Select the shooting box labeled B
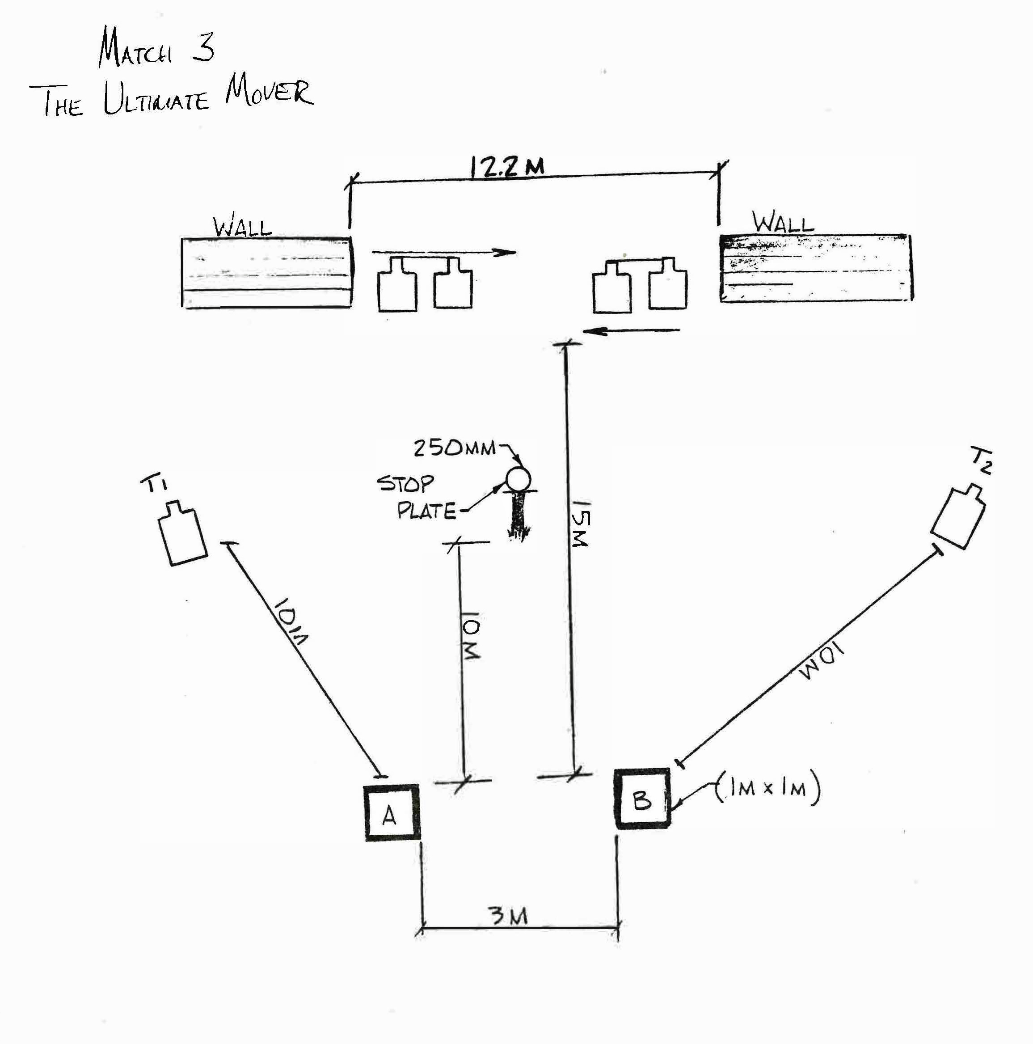coord(642,798)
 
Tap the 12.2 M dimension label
coord(507,168)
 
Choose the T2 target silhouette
coord(959,517)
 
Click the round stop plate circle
coord(518,479)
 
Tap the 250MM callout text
coord(455,448)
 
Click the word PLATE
coord(426,511)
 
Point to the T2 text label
coord(981,461)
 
